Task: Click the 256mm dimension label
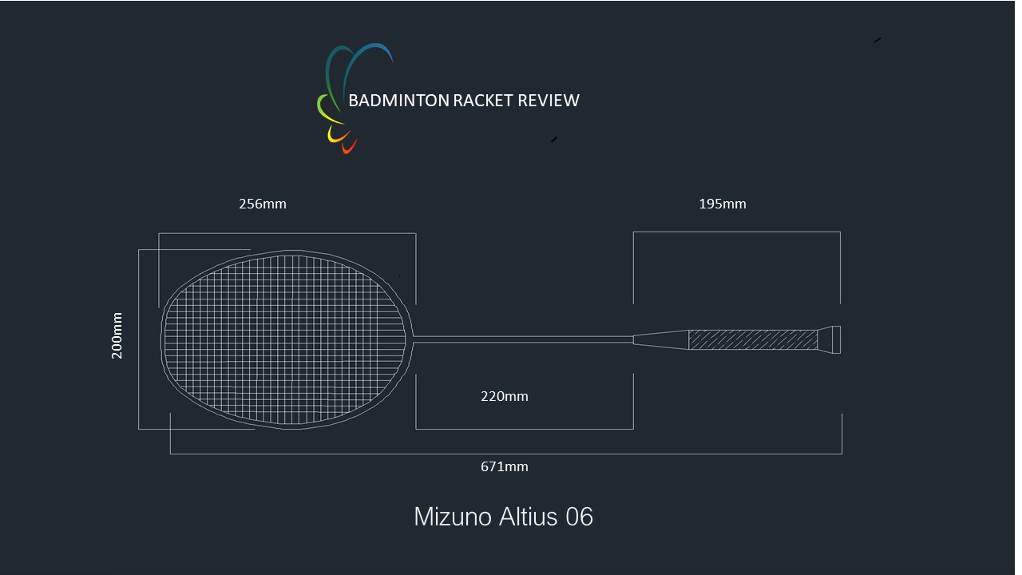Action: (x=262, y=204)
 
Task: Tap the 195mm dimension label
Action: (x=722, y=204)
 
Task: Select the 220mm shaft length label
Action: (x=504, y=396)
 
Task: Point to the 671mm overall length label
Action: (x=504, y=466)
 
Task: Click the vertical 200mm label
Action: (x=117, y=335)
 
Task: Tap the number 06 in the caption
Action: (x=579, y=517)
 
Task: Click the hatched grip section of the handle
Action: (x=752, y=339)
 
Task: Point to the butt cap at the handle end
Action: (x=831, y=339)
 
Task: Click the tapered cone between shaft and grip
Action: (x=661, y=339)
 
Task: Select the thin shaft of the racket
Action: (x=523, y=339)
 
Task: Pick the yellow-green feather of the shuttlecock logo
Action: (x=323, y=107)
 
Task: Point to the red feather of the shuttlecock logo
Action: (x=348, y=147)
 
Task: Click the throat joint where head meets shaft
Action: (x=412, y=339)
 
